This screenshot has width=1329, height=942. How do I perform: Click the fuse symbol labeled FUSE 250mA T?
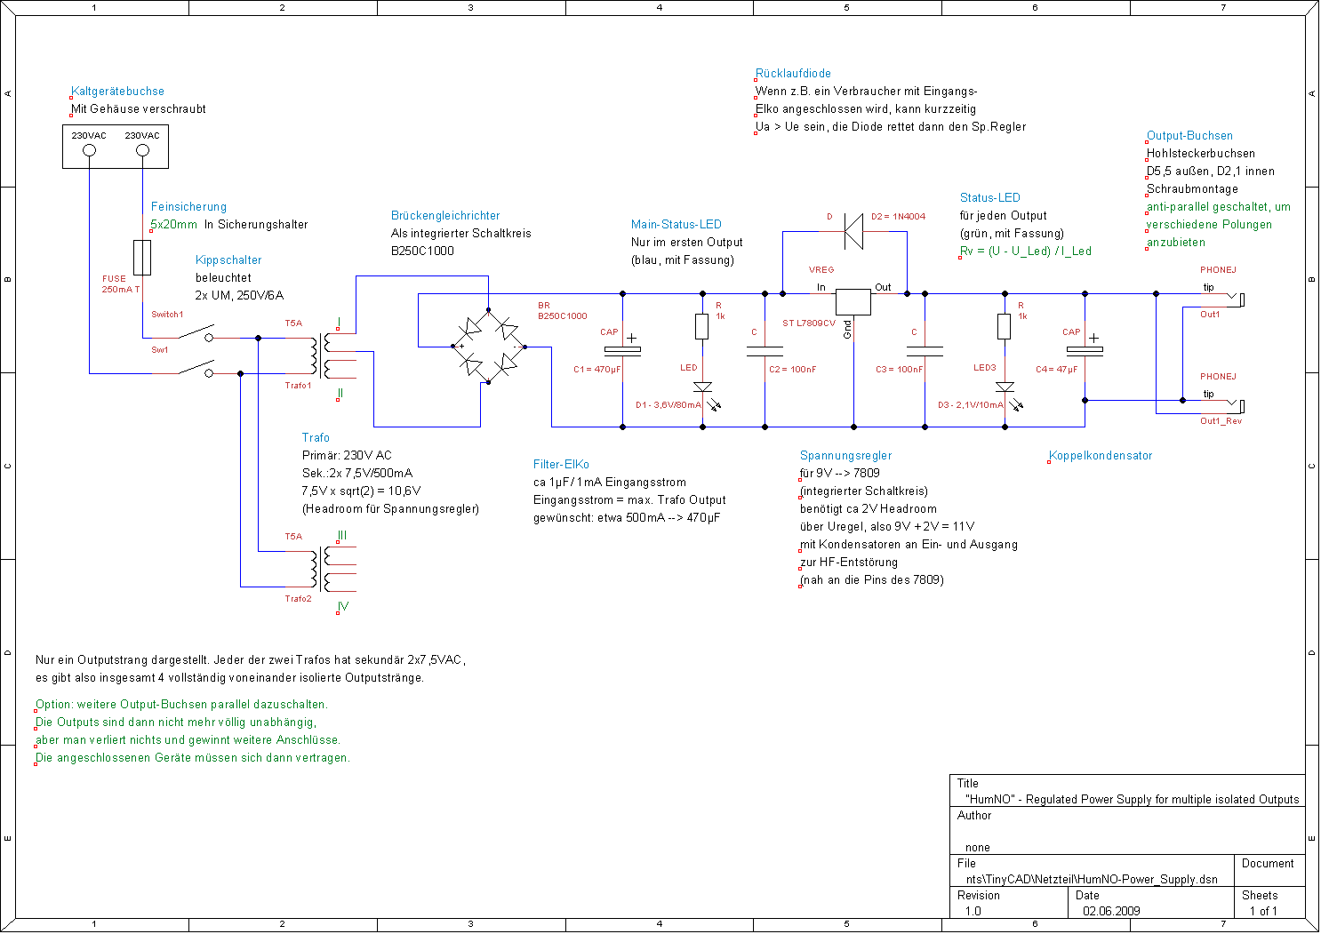[x=142, y=258]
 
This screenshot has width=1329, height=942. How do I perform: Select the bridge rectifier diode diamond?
[x=488, y=347]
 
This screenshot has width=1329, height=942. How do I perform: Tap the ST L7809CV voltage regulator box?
[x=853, y=302]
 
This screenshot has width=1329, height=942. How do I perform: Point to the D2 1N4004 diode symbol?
[x=853, y=232]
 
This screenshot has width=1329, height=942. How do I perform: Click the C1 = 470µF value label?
[x=596, y=370]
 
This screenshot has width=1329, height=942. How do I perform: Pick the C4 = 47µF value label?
[x=1057, y=370]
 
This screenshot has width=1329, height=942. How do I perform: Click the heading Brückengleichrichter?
[x=445, y=216]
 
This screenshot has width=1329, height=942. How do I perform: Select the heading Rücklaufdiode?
[x=793, y=74]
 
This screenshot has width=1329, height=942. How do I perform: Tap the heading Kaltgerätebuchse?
[x=117, y=92]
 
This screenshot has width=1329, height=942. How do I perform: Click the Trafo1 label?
[x=298, y=386]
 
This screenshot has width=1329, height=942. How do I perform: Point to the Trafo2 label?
[x=298, y=599]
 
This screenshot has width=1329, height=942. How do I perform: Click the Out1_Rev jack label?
[x=1221, y=421]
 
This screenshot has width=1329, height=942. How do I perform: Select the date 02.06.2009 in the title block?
[x=1111, y=911]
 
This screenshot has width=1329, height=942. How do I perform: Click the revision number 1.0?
[x=973, y=911]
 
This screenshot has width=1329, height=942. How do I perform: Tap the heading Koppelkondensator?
[x=1101, y=456]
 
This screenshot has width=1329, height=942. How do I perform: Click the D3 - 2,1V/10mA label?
[x=971, y=405]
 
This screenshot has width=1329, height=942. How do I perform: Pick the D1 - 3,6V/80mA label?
[x=669, y=405]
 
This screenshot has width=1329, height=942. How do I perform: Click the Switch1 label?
[x=167, y=315]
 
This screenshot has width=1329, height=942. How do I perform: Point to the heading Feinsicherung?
[x=188, y=207]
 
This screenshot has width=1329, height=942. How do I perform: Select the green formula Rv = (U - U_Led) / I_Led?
[x=1026, y=251]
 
